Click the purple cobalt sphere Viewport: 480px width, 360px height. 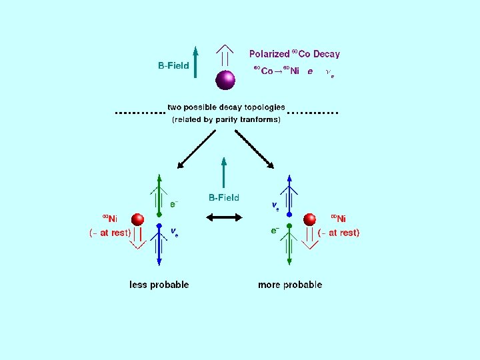click(226, 80)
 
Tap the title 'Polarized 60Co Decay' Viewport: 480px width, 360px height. click(294, 54)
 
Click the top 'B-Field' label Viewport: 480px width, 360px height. click(173, 65)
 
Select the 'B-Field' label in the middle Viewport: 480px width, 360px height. click(224, 197)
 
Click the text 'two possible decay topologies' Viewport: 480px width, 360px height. click(226, 107)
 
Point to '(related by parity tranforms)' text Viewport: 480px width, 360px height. click(226, 119)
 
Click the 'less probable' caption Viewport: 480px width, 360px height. click(159, 285)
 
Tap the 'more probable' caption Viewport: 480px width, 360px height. click(290, 285)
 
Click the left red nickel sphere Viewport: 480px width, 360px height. click(138, 219)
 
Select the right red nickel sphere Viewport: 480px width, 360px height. click(309, 219)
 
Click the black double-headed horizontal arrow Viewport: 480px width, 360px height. click(224, 217)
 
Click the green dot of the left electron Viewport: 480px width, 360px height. click(159, 215)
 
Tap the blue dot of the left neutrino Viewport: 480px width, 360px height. click(159, 225)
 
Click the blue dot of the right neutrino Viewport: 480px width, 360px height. click(289, 215)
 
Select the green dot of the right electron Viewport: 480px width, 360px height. click(289, 226)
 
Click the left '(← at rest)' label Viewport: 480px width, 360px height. click(110, 233)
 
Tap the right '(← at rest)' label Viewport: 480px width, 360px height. click(339, 233)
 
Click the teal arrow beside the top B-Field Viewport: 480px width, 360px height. click(195, 63)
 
